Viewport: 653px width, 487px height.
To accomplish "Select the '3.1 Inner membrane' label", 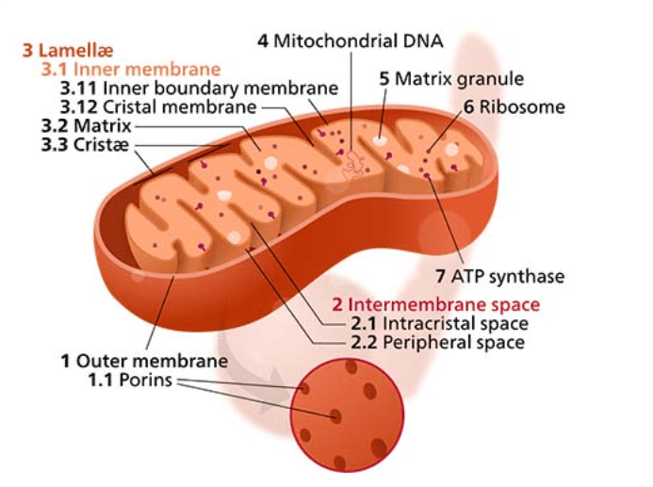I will tap(131, 69).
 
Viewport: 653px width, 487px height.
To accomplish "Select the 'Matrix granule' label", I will tap(450, 78).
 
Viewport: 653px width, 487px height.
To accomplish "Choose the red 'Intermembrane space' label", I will tap(435, 304).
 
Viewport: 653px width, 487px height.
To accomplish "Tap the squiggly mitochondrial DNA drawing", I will tap(353, 167).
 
